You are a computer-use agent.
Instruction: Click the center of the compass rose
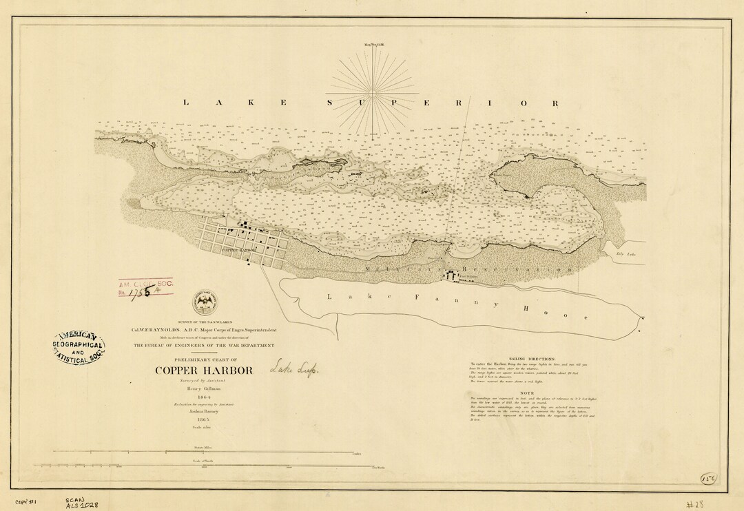point(372,92)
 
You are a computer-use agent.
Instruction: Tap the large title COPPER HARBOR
point(204,371)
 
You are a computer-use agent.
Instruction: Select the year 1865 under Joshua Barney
point(203,419)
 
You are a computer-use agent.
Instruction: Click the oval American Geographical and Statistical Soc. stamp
point(79,346)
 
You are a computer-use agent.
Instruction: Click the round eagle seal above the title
point(204,300)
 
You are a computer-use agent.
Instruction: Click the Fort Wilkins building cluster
point(452,275)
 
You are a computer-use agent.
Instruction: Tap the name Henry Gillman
point(203,388)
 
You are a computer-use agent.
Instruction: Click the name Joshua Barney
point(203,411)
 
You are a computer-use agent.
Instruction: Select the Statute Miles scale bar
point(200,452)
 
